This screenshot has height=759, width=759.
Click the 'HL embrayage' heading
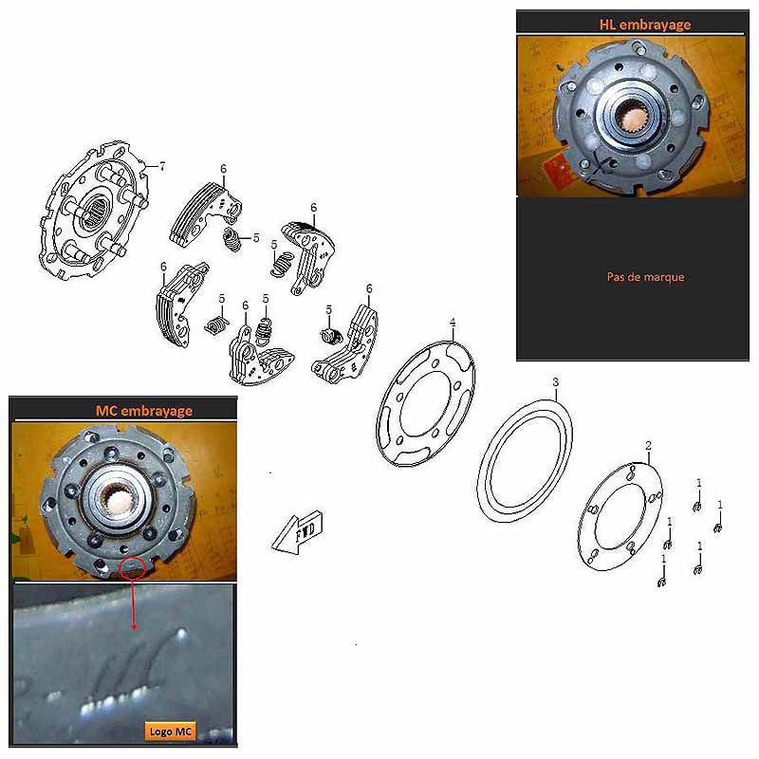645,25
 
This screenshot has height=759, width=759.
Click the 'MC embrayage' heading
144,411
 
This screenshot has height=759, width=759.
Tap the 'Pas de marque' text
645,277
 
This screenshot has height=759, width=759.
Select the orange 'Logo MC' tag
171,731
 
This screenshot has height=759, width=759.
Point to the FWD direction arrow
297,532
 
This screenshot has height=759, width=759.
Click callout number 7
162,167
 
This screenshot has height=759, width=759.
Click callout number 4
453,323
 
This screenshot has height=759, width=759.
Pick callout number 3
556,382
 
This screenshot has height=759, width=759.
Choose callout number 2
649,445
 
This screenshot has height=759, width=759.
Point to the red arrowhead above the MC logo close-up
134,628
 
